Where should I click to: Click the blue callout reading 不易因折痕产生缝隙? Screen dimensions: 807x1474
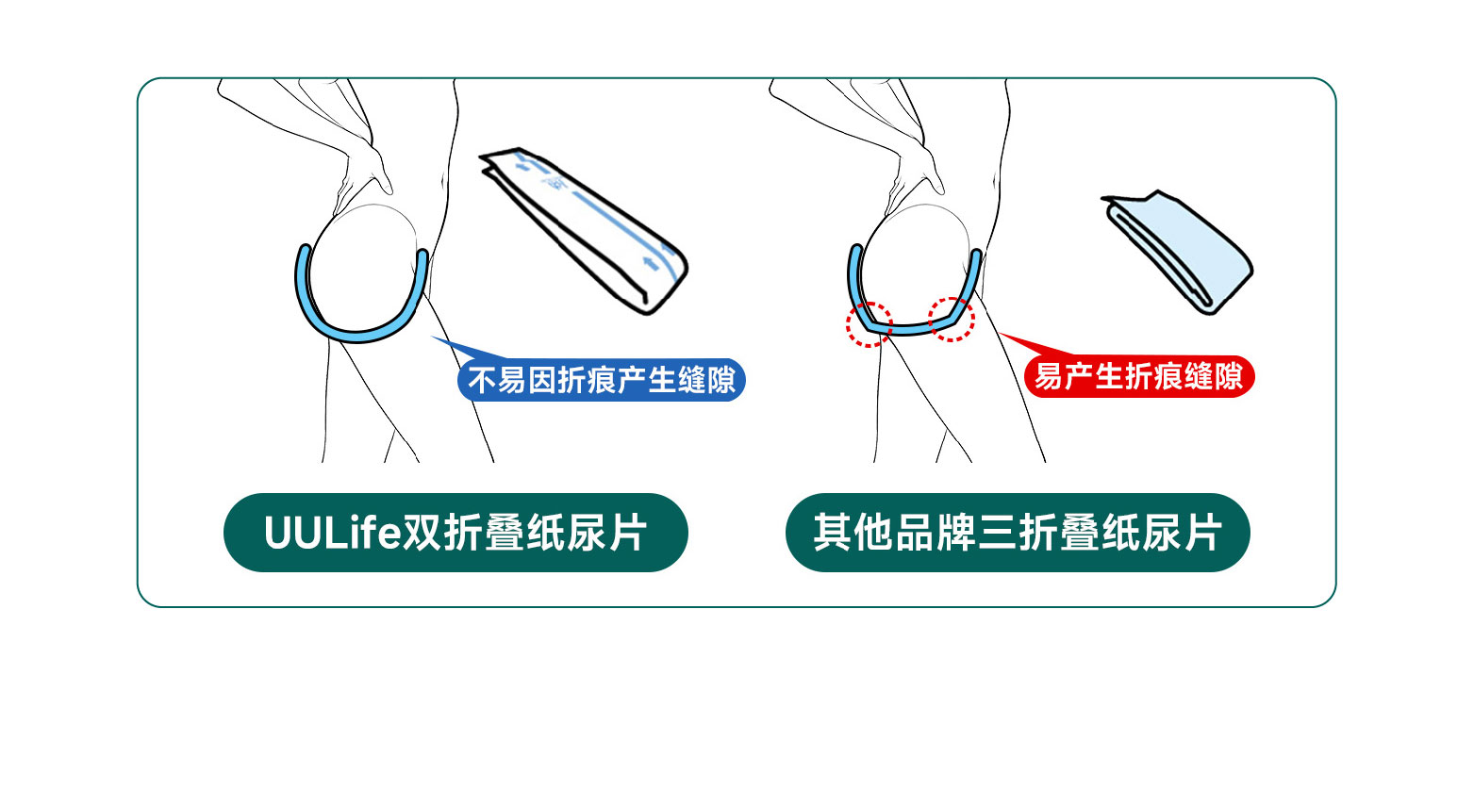(602, 380)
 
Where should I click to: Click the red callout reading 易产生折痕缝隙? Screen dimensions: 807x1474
(1139, 377)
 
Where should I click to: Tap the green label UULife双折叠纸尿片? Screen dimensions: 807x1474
(455, 533)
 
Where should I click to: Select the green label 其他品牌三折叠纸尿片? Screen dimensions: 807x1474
(1018, 533)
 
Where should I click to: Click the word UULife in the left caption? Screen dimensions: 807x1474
(332, 533)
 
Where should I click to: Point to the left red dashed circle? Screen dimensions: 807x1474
(869, 324)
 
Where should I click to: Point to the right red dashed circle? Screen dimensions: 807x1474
(952, 319)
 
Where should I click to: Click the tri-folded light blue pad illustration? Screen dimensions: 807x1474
(1179, 250)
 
